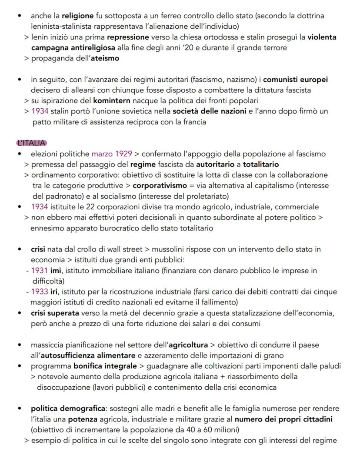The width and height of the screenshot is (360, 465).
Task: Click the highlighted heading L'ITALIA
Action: (x=31, y=143)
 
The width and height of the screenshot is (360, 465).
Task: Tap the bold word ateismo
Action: (x=104, y=58)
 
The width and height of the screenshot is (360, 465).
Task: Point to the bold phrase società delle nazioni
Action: (x=209, y=111)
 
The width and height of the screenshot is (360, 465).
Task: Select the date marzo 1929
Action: (x=108, y=154)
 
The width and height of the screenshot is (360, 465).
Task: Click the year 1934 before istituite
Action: (x=40, y=207)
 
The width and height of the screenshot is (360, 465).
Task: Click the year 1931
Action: (x=40, y=270)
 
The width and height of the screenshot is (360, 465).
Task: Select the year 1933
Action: (x=40, y=291)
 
